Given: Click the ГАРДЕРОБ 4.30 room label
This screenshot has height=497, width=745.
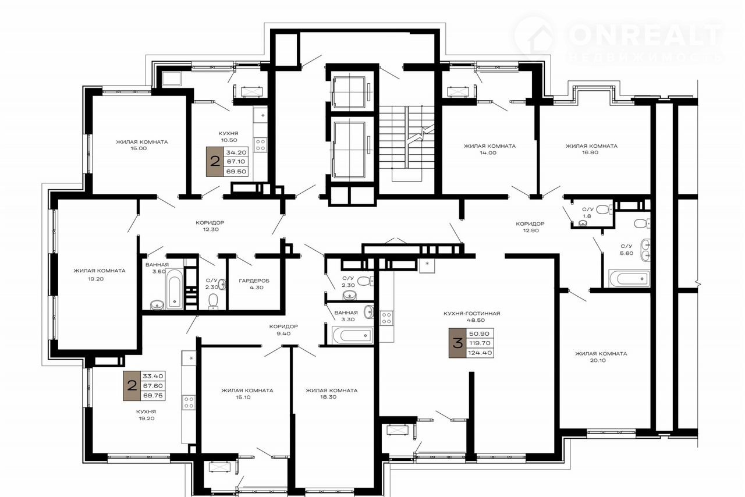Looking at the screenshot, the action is point(254,284).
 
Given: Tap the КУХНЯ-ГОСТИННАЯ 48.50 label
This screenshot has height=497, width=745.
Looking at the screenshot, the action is point(471,317).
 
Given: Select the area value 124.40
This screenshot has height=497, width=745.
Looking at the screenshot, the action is point(480,353).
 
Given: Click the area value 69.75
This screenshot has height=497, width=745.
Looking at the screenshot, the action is point(152,396).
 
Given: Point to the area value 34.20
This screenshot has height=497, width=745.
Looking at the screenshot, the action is point(236,152).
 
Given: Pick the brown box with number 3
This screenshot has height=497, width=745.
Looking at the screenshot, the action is point(457,343).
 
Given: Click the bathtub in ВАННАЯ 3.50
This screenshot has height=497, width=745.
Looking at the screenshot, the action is point(174,289).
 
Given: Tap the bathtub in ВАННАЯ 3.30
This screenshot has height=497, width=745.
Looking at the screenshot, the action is point(353,335).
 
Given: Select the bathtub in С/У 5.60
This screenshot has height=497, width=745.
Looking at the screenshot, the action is point(629,278).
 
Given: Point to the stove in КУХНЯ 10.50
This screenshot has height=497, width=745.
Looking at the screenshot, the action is point(260,145).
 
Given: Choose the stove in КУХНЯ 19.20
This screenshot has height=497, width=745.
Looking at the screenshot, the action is point(189,402).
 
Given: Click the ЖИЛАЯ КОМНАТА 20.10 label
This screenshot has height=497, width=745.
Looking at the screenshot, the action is point(601,357).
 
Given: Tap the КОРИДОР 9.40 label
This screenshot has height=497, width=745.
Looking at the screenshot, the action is point(283,330).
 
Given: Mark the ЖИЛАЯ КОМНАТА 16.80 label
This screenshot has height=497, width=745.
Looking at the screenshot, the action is point(591,149).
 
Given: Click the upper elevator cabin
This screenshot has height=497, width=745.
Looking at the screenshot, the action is point(349,92).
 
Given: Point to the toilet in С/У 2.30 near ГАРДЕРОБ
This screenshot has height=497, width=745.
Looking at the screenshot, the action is point(213,301).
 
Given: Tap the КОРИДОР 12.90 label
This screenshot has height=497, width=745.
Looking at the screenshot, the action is point(530,227).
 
